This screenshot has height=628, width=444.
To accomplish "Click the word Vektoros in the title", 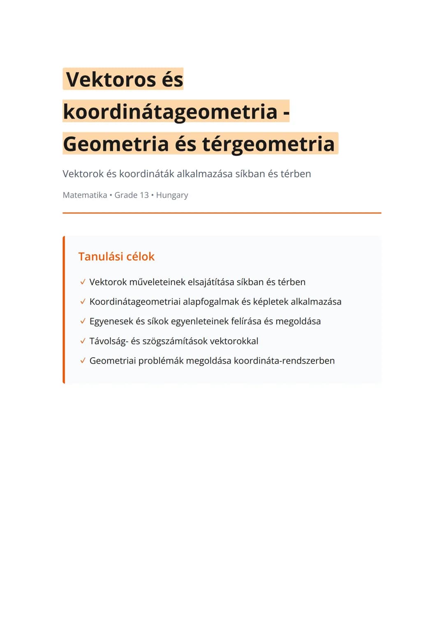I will (x=111, y=79).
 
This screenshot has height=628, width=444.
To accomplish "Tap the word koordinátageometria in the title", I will (x=170, y=111).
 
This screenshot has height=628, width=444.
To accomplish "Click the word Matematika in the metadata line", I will (x=85, y=195).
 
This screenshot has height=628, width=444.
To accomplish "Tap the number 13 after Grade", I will (x=144, y=195).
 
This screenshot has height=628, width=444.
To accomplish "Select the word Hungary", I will (x=172, y=195).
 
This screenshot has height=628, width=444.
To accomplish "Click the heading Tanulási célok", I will (x=116, y=257).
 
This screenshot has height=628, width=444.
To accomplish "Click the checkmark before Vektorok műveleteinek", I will (x=83, y=282).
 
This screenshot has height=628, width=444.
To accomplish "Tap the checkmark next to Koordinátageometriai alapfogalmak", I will (x=83, y=302).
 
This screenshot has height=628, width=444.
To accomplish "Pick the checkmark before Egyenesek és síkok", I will (x=83, y=321).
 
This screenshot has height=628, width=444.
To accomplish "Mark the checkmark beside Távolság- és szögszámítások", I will (x=83, y=341).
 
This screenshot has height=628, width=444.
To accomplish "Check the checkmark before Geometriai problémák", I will (x=83, y=361).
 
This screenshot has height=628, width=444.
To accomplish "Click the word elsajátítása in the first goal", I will (x=210, y=282).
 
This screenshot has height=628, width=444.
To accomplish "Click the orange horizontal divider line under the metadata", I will (x=222, y=213).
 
